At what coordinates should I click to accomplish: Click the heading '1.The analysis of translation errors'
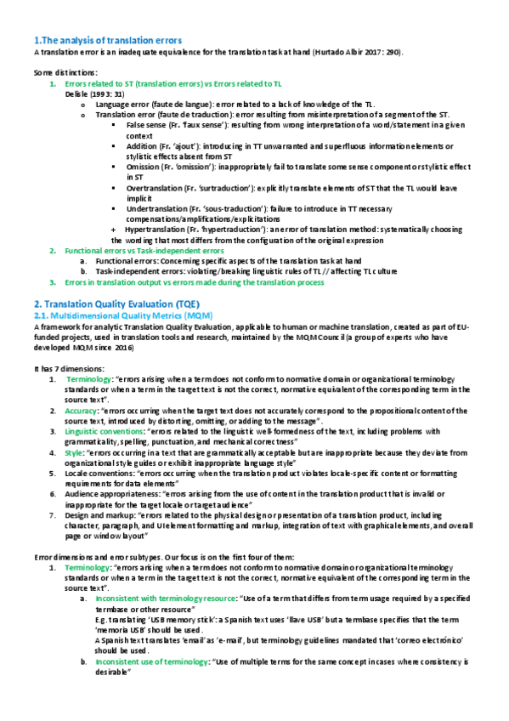tap(107, 40)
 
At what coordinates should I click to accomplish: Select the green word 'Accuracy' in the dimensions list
tap(82, 409)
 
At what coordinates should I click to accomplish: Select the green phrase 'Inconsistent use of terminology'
tap(151, 661)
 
